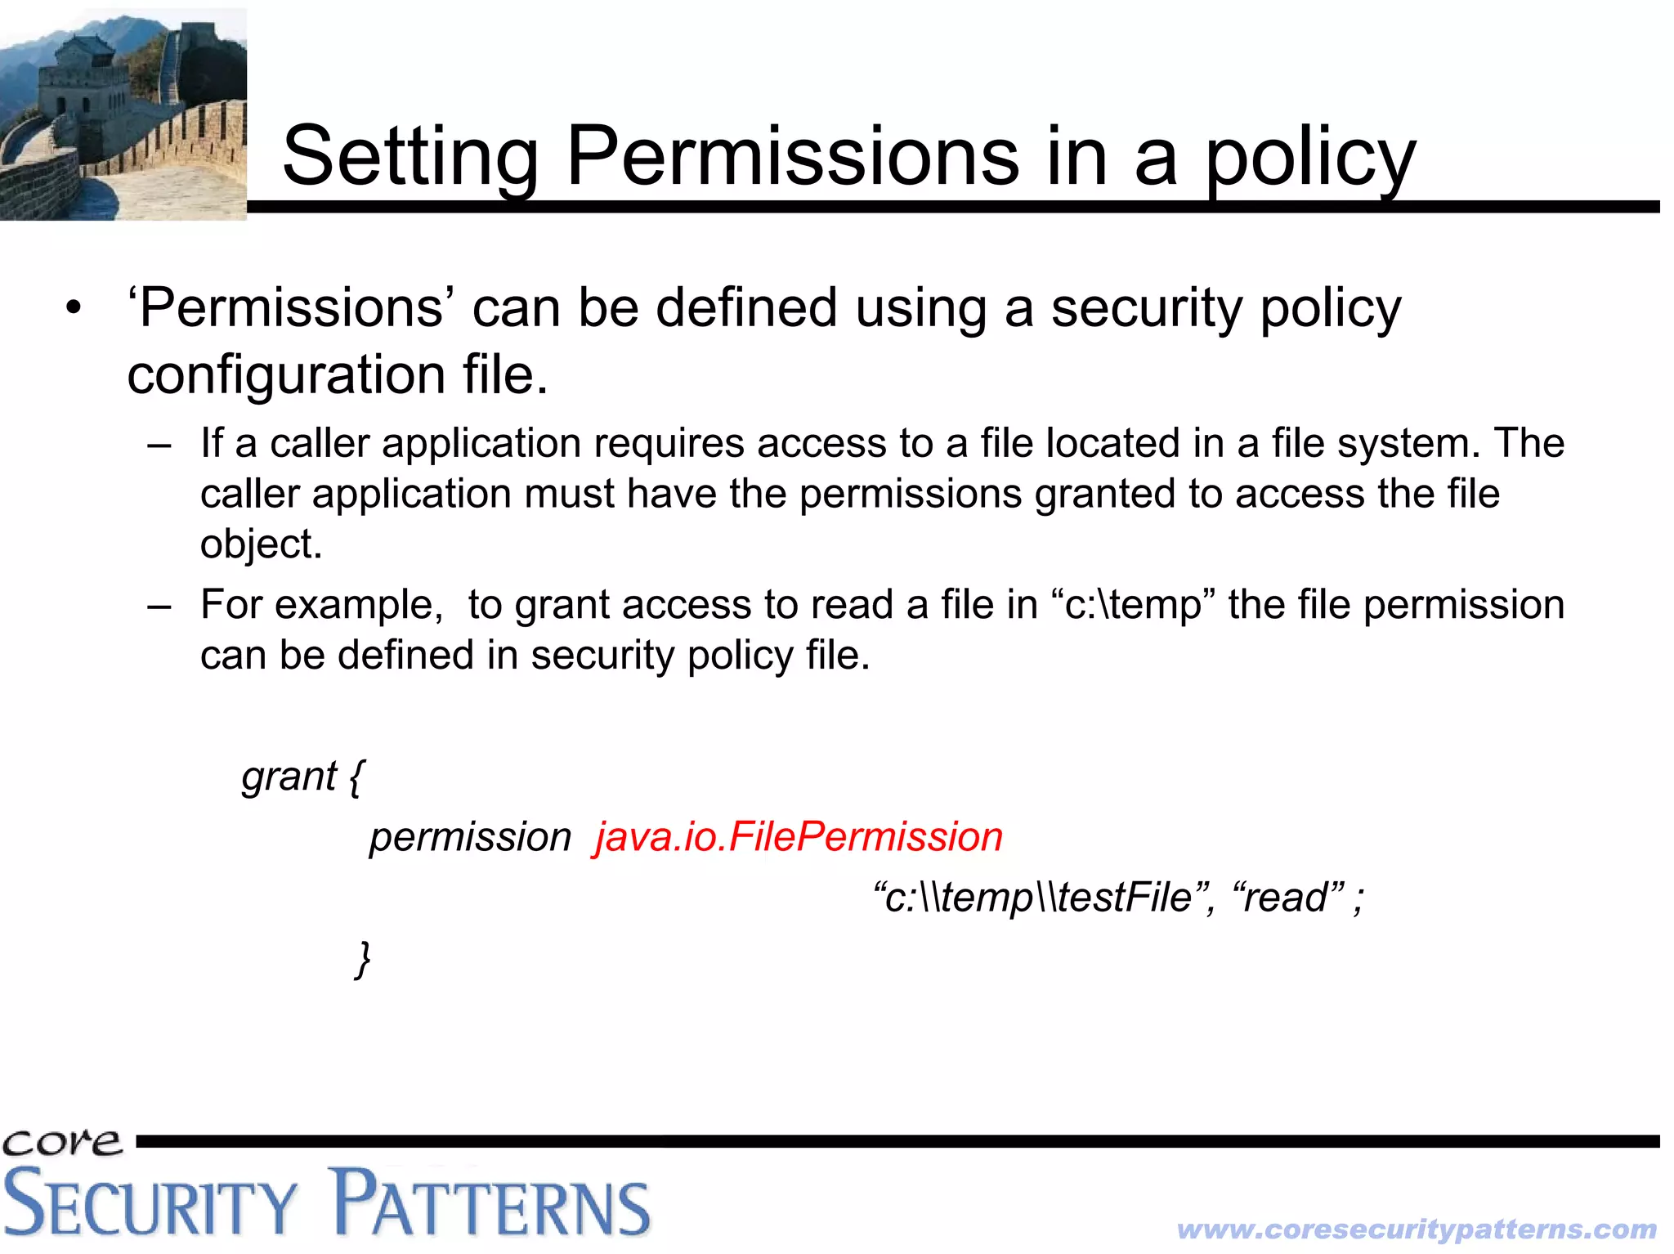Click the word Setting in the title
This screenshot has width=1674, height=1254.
pos(410,157)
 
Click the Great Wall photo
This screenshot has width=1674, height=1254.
pos(123,114)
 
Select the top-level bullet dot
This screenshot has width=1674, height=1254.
pos(74,310)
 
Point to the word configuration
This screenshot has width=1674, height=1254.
pos(285,375)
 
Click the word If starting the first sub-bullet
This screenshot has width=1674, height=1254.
pos(212,443)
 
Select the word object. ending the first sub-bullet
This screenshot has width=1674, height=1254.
pos(261,544)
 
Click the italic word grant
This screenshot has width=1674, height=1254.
pos(289,777)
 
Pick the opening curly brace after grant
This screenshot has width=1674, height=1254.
pos(356,777)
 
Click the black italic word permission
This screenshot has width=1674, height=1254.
pos(470,838)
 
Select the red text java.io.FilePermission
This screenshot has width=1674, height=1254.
pos(799,838)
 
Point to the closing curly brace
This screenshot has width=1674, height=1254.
pos(363,959)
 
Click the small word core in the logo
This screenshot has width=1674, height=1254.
pos(62,1142)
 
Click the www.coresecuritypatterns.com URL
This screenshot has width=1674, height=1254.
pos(1417,1229)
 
